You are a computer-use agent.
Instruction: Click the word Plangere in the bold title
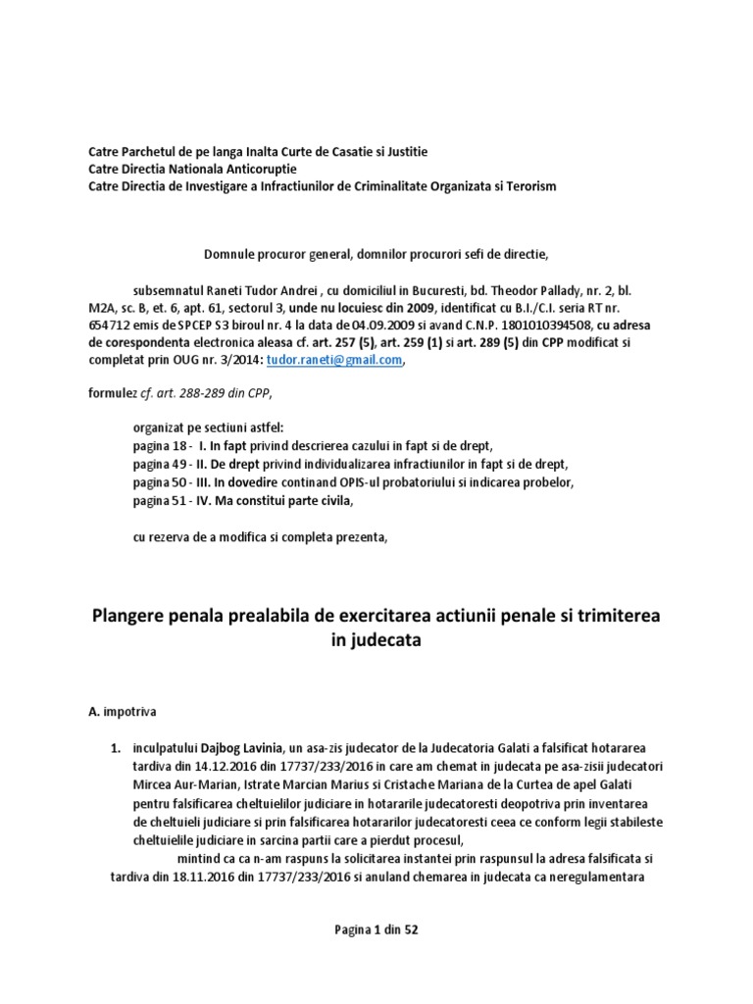click(138, 615)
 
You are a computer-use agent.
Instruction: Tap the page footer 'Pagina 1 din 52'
click(376, 929)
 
